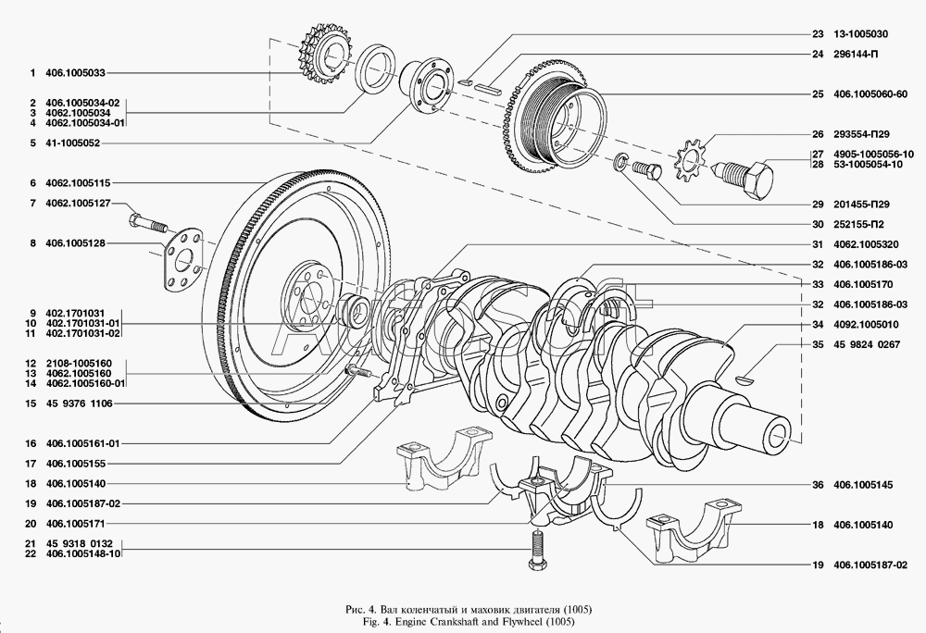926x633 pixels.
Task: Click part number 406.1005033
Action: pyautogui.click(x=75, y=73)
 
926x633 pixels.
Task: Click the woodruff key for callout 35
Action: pyautogui.click(x=745, y=379)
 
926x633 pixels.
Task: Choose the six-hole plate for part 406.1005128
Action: pyautogui.click(x=185, y=259)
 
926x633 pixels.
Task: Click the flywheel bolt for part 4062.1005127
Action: pyautogui.click(x=147, y=223)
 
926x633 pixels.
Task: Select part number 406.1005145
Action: pyautogui.click(x=863, y=485)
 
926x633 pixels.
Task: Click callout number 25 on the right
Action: pyautogui.click(x=818, y=93)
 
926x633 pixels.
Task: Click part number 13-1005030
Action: pyautogui.click(x=860, y=34)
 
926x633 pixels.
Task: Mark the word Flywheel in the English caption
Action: pyautogui.click(x=519, y=621)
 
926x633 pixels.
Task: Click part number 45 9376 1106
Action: pyautogui.click(x=79, y=403)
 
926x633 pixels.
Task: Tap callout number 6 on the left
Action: pyautogui.click(x=33, y=183)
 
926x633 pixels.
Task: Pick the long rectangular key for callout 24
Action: pyautogui.click(x=488, y=89)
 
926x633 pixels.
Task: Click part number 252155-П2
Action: pyautogui.click(x=858, y=224)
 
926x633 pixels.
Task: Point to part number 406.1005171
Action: pyautogui.click(x=75, y=523)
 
